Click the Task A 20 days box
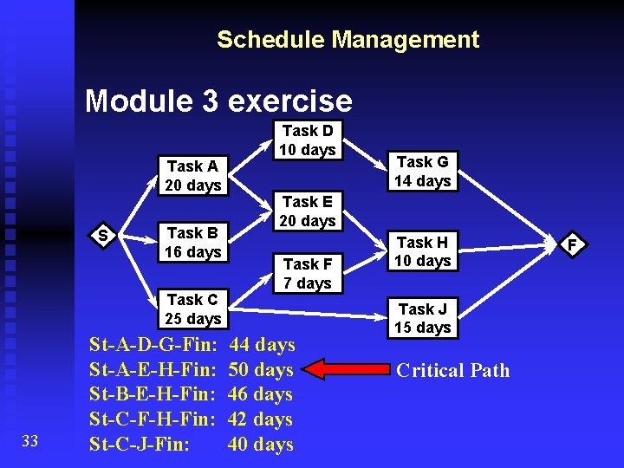(x=193, y=176)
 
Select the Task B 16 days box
(x=193, y=243)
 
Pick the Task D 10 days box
(x=307, y=140)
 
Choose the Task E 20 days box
(x=307, y=211)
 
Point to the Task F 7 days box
(x=307, y=273)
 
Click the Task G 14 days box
(x=423, y=172)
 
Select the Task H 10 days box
(x=423, y=251)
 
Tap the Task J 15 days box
(x=423, y=318)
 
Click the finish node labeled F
(x=572, y=244)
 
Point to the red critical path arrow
(x=342, y=369)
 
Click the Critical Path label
(x=452, y=371)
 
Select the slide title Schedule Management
(x=348, y=40)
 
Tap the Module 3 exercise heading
(x=218, y=101)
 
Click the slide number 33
(x=29, y=442)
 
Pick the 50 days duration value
(x=261, y=370)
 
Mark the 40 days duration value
(x=261, y=445)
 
